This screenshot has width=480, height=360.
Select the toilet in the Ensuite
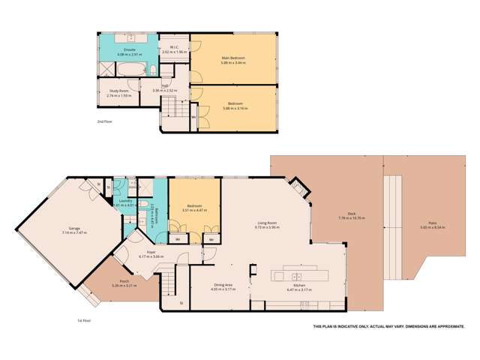coord(151,71)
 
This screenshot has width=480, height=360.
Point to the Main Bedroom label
coord(233,58)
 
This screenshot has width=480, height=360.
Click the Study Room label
coord(119,91)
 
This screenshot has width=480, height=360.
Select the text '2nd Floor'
coord(106,121)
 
